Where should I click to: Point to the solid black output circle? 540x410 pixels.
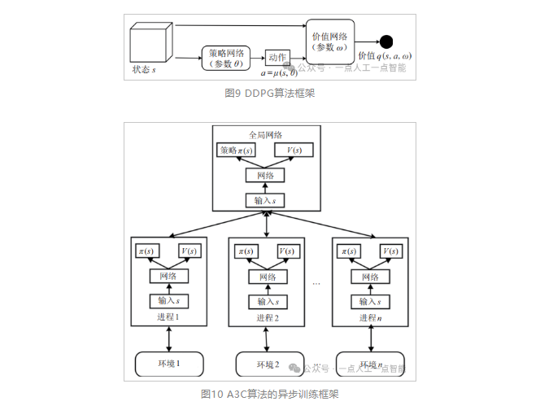pyautogui.click(x=386, y=41)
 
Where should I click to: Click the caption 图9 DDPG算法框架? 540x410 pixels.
pyautogui.click(x=269, y=93)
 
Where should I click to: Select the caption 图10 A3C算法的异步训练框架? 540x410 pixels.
pyautogui.click(x=269, y=394)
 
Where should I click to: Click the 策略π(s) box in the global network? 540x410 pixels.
pyautogui.click(x=236, y=150)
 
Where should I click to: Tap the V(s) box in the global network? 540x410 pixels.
pyautogui.click(x=294, y=150)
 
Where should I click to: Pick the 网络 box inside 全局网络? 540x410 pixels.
pyautogui.click(x=265, y=175)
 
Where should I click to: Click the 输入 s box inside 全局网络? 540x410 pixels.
pyautogui.click(x=265, y=201)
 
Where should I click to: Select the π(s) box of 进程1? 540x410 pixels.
pyautogui.click(x=147, y=252)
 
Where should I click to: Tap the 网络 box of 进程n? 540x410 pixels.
pyautogui.click(x=367, y=277)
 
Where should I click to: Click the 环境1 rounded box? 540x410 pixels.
pyautogui.click(x=168, y=364)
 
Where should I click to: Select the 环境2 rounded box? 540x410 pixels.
pyautogui.click(x=265, y=364)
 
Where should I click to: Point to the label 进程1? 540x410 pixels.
pyautogui.click(x=168, y=317)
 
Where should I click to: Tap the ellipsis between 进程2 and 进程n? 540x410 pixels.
pyautogui.click(x=317, y=284)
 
